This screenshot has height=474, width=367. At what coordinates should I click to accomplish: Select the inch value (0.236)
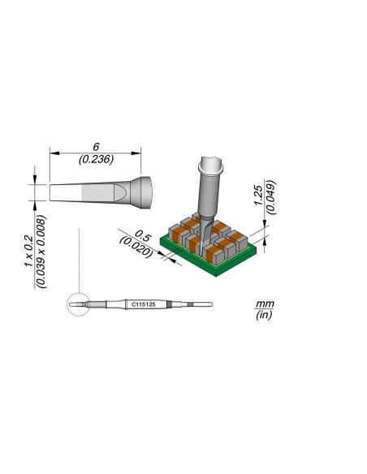tap(97, 160)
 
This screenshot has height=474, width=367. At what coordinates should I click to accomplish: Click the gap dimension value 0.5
tap(144, 231)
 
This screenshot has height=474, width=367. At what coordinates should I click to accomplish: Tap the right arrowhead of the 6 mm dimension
tap(140, 152)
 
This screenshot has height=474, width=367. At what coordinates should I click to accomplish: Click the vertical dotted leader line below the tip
tap(76, 260)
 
